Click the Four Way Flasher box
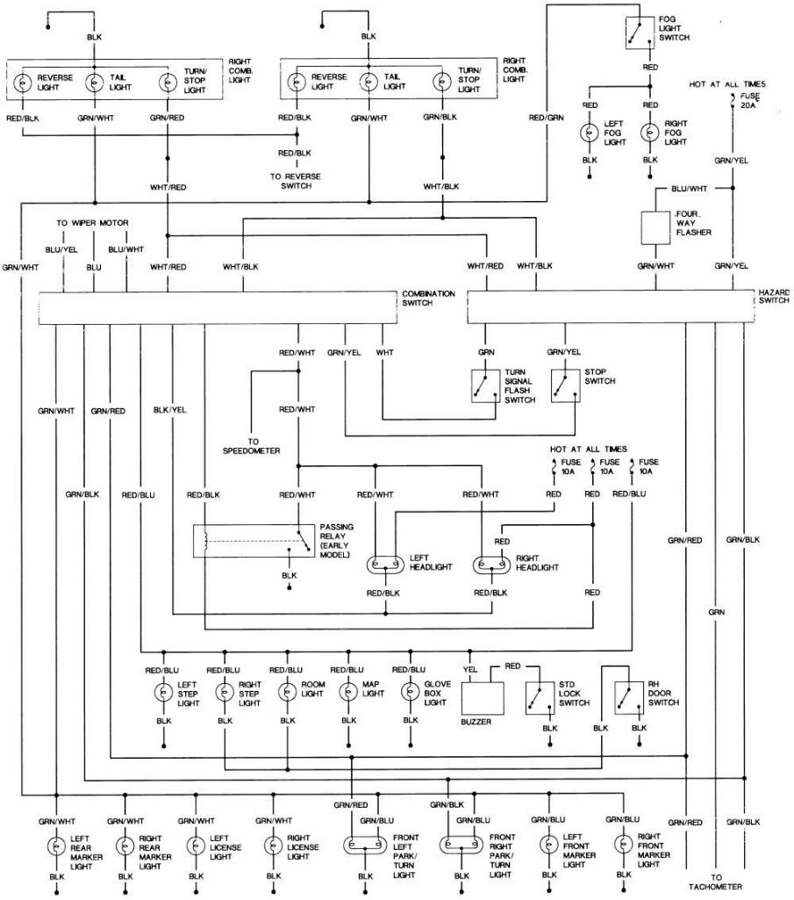(655, 228)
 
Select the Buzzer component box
(483, 698)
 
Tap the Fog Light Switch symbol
(640, 32)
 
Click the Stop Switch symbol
(565, 385)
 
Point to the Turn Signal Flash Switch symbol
(485, 385)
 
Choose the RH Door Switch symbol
(629, 698)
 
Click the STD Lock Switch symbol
(540, 698)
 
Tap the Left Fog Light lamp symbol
(590, 133)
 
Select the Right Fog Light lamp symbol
(650, 133)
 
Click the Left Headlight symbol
(385, 565)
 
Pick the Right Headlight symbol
(491, 565)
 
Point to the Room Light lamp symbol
(288, 692)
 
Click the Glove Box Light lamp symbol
(411, 692)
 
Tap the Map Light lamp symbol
(348, 692)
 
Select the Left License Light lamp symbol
(196, 846)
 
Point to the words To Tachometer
(715, 882)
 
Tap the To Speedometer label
(252, 447)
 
